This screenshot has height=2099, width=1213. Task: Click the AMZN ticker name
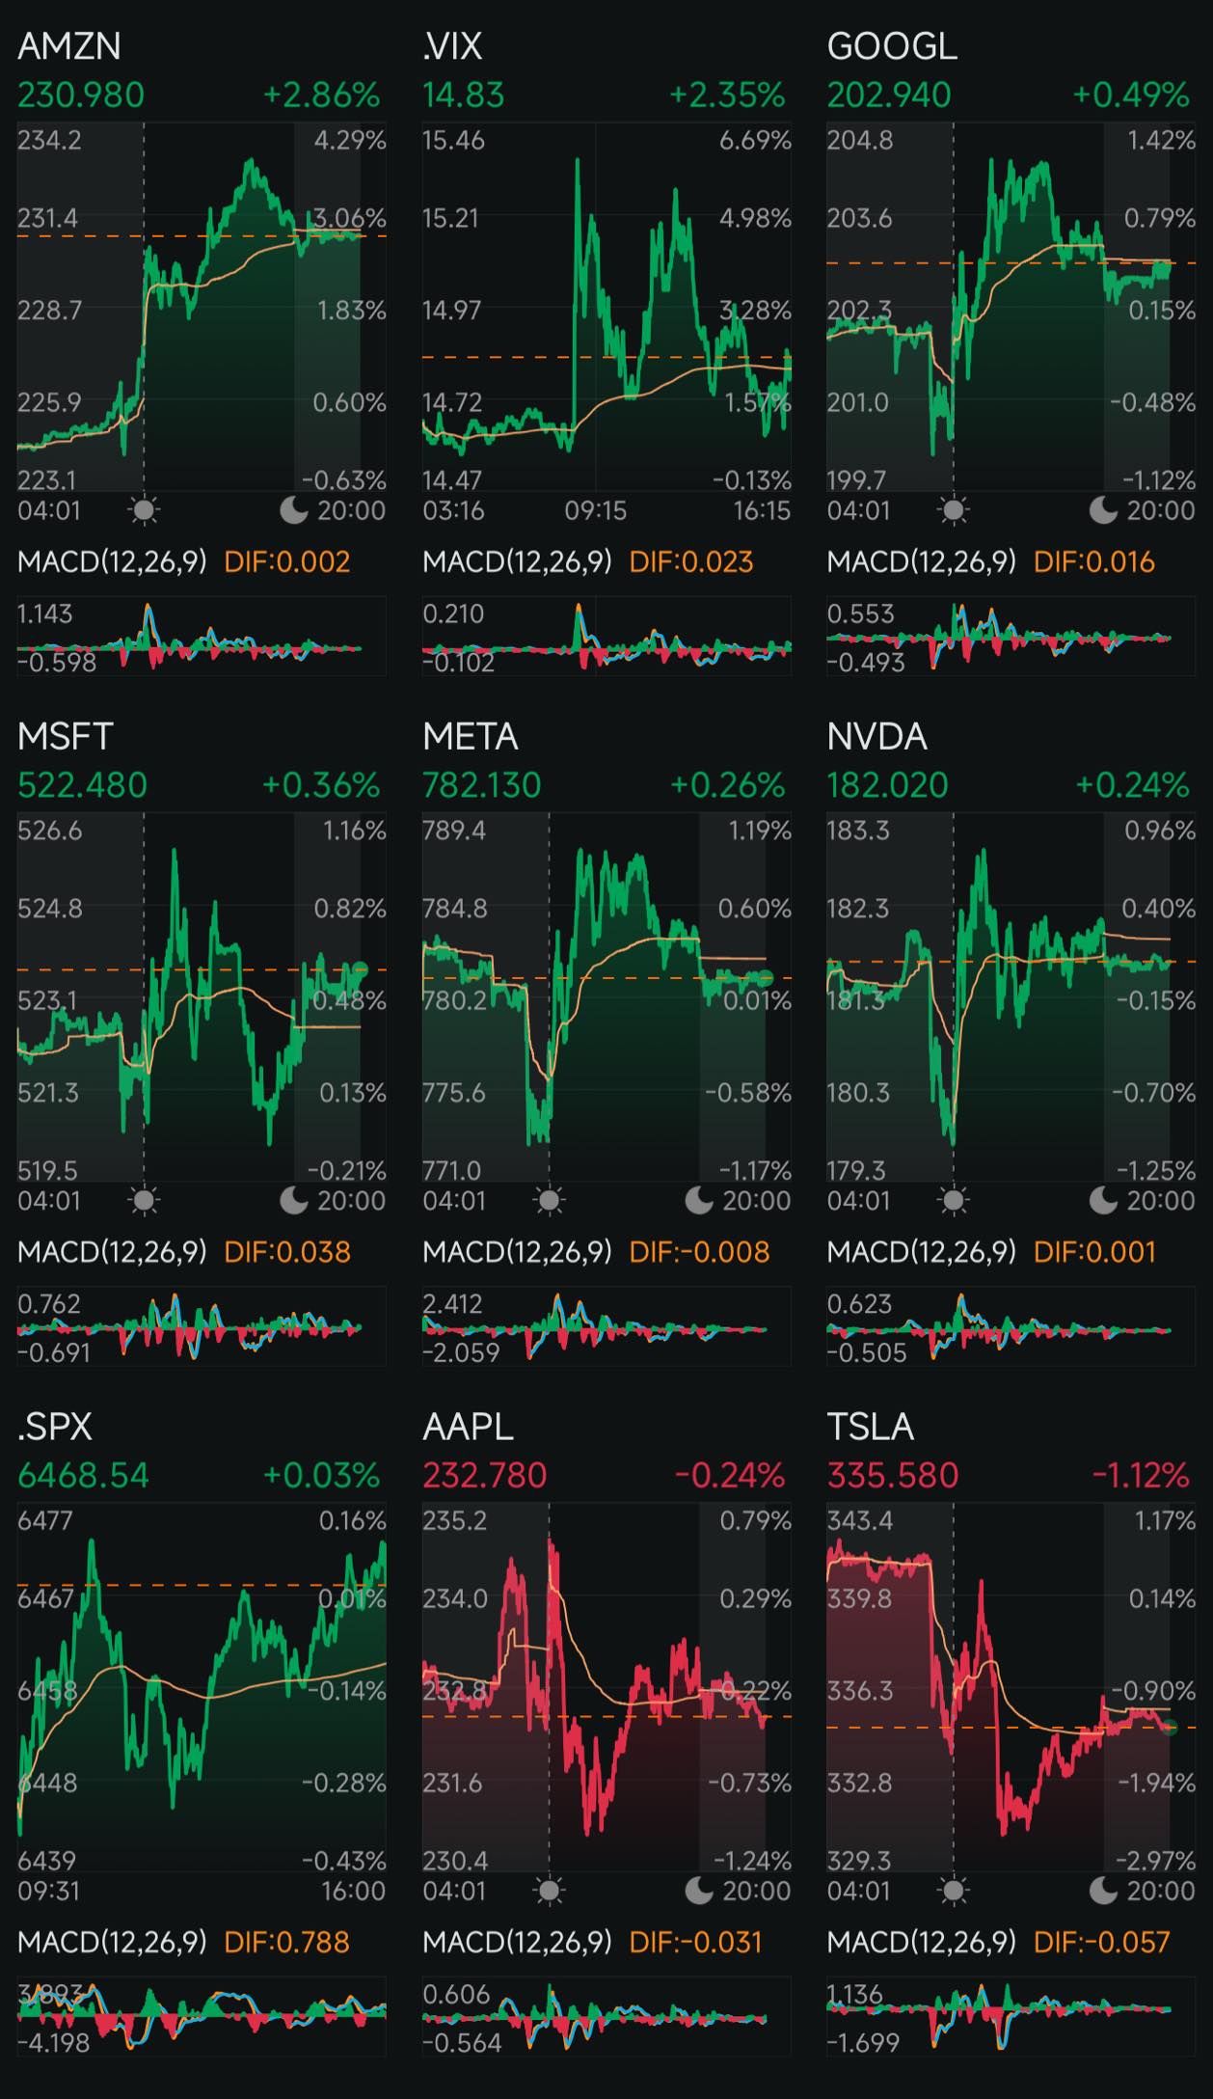[x=69, y=46]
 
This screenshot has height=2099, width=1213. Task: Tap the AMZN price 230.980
[x=81, y=95]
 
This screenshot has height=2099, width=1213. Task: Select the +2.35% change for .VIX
[x=727, y=95]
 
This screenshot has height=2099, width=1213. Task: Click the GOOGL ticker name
[x=892, y=46]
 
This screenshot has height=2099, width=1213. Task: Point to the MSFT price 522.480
[x=82, y=785]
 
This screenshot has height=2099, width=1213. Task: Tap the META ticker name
[x=471, y=737]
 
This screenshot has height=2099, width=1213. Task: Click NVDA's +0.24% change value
[x=1132, y=785]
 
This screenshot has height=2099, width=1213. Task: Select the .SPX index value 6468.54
[x=83, y=1476]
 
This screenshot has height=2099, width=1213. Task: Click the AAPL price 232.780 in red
[x=484, y=1476]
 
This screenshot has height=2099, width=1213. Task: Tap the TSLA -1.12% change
[x=1140, y=1476]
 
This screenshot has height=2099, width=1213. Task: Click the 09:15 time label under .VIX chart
[x=595, y=510]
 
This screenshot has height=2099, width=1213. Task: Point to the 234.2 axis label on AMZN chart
[x=49, y=141]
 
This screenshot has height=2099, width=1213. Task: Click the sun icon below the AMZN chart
[x=144, y=510]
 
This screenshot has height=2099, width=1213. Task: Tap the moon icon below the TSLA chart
[x=1103, y=1891]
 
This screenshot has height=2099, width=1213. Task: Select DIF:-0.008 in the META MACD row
[x=699, y=1252]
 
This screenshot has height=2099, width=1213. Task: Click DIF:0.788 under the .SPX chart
[x=286, y=1942]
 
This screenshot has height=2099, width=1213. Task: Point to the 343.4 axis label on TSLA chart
[x=859, y=1521]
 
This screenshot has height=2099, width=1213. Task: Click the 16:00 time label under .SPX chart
[x=353, y=1891]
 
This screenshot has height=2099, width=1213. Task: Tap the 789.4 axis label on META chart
[x=454, y=831]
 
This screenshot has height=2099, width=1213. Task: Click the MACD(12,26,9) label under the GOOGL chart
[x=921, y=561]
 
